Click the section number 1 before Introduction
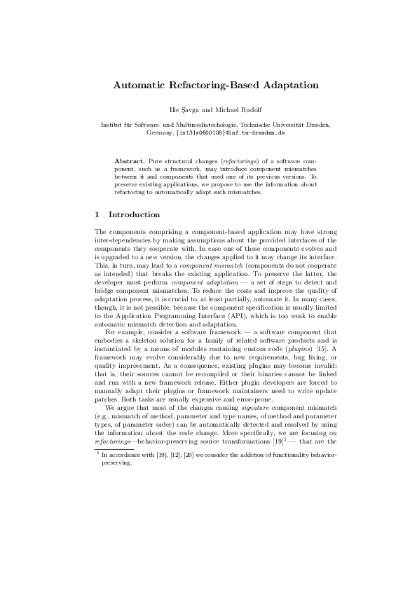click(97, 214)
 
